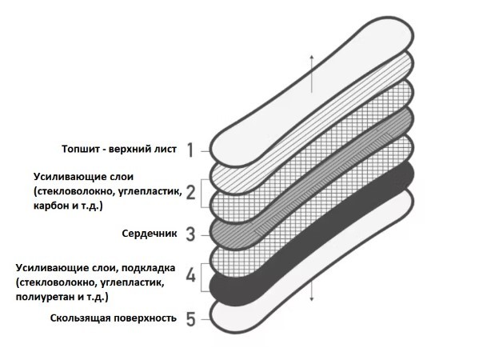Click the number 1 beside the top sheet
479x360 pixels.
click(x=190, y=150)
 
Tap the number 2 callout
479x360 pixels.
click(x=190, y=192)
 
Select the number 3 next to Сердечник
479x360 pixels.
click(x=190, y=234)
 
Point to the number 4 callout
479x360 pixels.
click(x=190, y=276)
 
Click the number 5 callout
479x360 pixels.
click(x=190, y=319)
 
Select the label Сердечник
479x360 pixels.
click(x=150, y=234)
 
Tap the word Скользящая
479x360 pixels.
click(x=80, y=318)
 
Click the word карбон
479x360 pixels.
click(x=51, y=206)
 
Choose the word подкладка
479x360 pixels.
click(x=148, y=268)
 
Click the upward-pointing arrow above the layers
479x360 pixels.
click(x=311, y=74)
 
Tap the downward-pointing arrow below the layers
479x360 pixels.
click(x=311, y=291)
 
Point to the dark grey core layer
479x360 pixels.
click(x=312, y=178)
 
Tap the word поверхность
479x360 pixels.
click(x=146, y=318)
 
